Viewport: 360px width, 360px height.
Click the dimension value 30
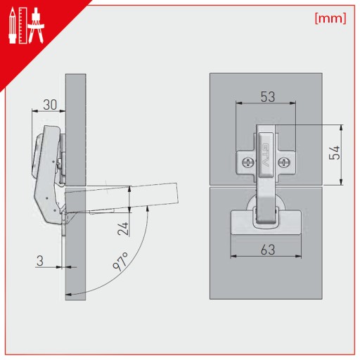click(50, 105)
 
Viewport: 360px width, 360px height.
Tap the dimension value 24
click(123, 229)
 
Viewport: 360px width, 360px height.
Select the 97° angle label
click(120, 262)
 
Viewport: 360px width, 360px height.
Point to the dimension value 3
click(40, 261)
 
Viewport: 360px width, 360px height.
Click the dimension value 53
click(268, 96)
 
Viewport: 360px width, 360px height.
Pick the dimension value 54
click(335, 153)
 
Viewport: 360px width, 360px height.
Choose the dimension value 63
click(268, 250)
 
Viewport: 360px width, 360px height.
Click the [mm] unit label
click(330, 18)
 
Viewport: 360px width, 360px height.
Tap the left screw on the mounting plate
click(247, 162)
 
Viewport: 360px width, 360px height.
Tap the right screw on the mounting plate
click(283, 162)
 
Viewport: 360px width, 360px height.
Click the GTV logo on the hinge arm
click(265, 155)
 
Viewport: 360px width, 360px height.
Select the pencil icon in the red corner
click(13, 26)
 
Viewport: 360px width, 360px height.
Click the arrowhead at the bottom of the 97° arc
click(69, 294)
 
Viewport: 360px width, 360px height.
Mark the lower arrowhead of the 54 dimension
click(341, 181)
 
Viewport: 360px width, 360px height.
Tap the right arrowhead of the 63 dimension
click(298, 256)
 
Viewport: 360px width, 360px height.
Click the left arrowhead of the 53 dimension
click(239, 103)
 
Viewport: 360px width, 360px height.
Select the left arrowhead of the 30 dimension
click(35, 111)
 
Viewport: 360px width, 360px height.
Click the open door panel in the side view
click(122, 198)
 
